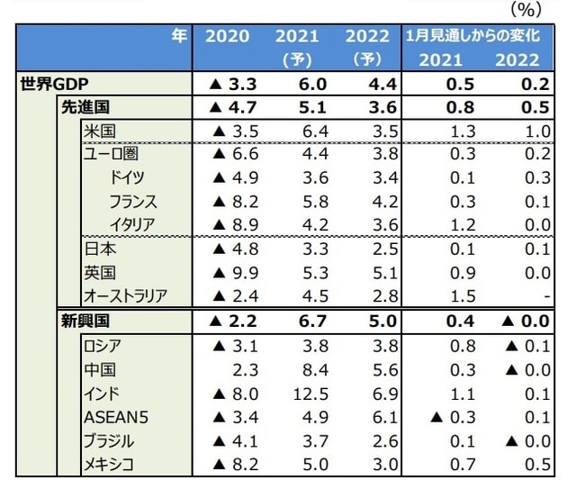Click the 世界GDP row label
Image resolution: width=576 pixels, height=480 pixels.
click(54, 86)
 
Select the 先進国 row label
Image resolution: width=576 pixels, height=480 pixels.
click(87, 108)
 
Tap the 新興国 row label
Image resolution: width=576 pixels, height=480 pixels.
click(87, 320)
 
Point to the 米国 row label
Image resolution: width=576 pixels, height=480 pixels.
click(100, 131)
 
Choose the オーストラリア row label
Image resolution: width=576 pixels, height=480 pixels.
click(125, 295)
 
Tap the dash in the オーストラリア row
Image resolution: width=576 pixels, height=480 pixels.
click(535, 296)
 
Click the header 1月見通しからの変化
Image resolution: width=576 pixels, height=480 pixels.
click(472, 37)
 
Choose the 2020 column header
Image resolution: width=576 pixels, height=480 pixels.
click(228, 37)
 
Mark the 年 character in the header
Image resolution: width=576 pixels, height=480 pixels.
click(180, 37)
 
